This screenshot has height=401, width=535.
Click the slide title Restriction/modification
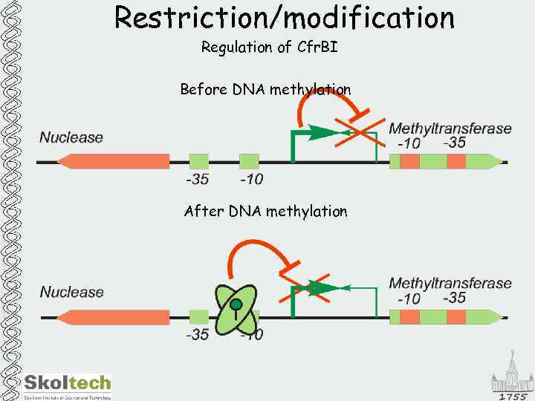tap(284, 17)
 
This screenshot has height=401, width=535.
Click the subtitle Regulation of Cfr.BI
tap(269, 48)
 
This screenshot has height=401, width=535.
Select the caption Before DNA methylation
tap(265, 90)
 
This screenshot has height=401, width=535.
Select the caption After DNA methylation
tap(265, 212)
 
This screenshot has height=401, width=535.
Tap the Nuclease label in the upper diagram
tap(71, 137)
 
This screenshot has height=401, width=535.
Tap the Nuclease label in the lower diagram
tap(71, 292)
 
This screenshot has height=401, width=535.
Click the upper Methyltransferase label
tap(450, 128)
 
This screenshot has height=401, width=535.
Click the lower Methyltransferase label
tap(450, 283)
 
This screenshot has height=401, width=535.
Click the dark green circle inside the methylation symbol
tap(236, 304)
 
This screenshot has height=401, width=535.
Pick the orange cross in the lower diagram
tap(305, 289)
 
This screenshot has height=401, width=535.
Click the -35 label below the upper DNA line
tap(197, 179)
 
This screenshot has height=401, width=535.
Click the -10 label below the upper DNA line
tap(251, 179)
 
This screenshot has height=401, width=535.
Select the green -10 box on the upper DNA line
tap(249, 161)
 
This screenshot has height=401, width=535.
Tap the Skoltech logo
tap(67, 385)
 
